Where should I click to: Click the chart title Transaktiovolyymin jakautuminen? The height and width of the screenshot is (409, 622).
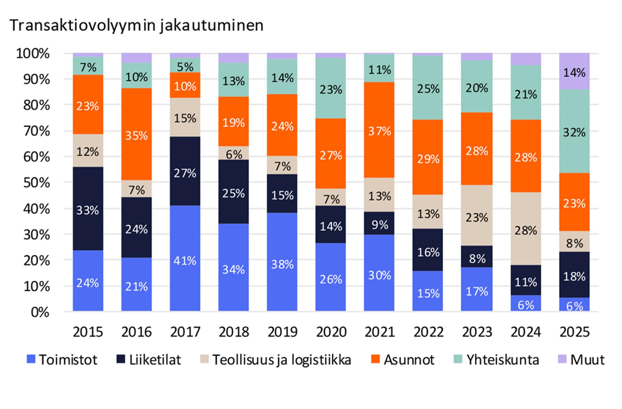pyautogui.click(x=137, y=25)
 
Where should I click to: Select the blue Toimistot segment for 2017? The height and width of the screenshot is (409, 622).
pyautogui.click(x=185, y=258)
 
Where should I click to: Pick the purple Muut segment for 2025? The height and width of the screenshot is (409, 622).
pyautogui.click(x=574, y=71)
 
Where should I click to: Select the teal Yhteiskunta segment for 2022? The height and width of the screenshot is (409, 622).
pyautogui.click(x=428, y=88)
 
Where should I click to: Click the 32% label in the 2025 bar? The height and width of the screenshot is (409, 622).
pyautogui.click(x=574, y=133)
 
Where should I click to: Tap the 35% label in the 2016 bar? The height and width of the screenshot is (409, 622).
pyautogui.click(x=136, y=135)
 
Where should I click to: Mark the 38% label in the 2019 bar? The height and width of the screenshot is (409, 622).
pyautogui.click(x=282, y=265)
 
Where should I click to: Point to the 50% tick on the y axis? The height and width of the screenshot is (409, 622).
pyautogui.click(x=37, y=183)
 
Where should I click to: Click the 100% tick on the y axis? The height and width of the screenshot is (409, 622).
pyautogui.click(x=33, y=54)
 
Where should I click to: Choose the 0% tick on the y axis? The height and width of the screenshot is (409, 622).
pyautogui.click(x=40, y=312)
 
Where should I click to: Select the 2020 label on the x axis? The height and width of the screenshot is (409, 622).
pyautogui.click(x=331, y=332)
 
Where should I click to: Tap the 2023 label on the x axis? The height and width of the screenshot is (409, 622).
pyautogui.click(x=477, y=332)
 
